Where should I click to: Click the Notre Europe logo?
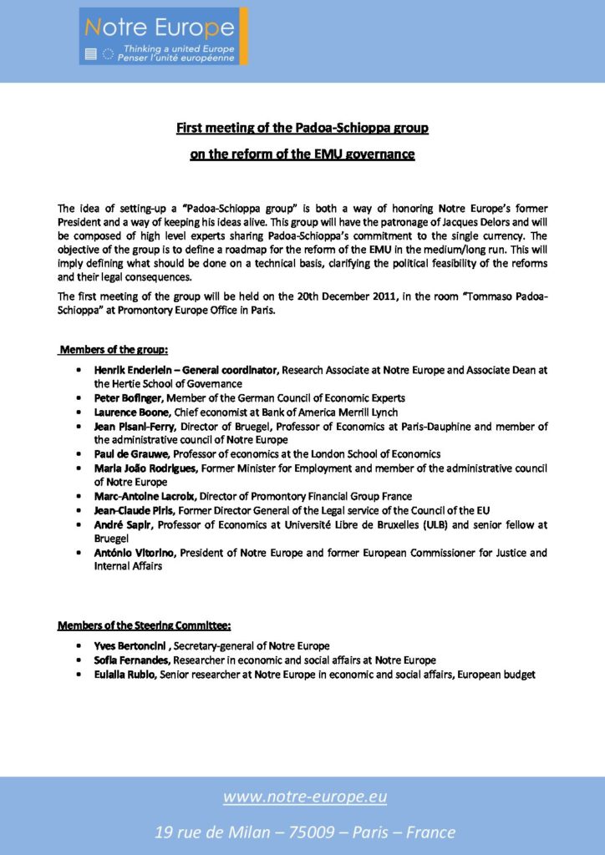(163, 37)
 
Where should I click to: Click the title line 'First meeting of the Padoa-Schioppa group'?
(302, 128)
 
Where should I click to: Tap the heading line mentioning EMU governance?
(302, 154)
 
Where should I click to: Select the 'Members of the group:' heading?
(113, 349)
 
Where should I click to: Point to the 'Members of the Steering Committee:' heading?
(144, 625)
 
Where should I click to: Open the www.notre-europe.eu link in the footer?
(304, 797)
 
